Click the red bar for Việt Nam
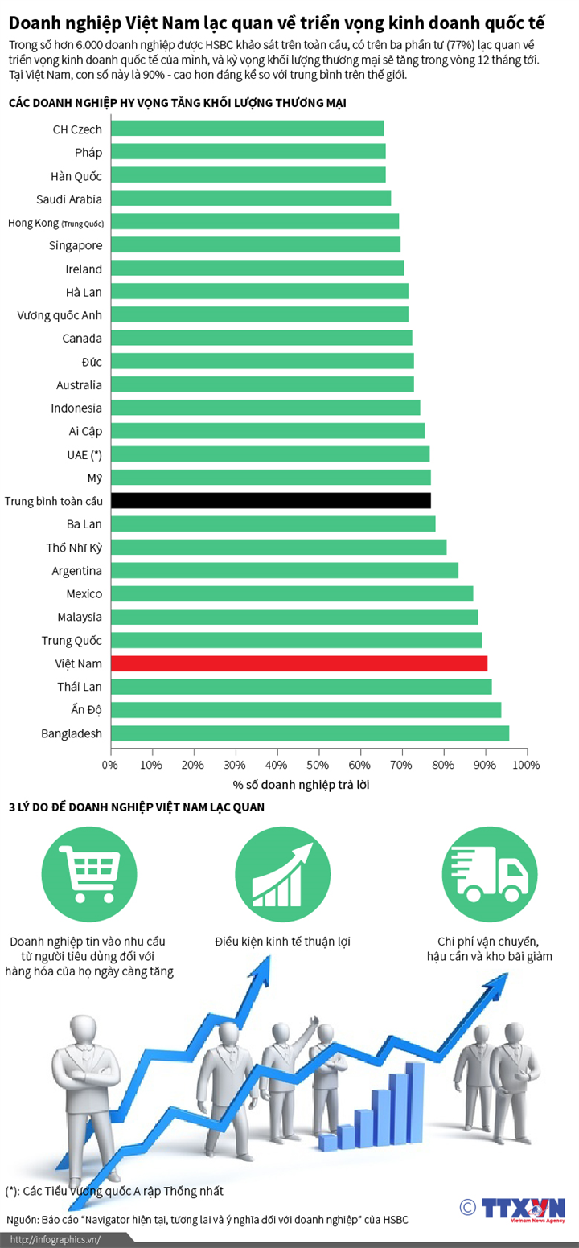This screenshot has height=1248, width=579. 298,663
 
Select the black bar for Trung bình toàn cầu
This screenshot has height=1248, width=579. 270,500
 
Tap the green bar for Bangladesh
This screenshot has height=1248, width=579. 310,733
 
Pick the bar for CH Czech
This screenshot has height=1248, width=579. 247,129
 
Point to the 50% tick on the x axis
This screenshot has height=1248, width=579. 318,764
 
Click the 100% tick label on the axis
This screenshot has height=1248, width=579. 527,765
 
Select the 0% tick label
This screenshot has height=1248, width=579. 110,765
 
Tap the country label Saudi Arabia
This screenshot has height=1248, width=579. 69,199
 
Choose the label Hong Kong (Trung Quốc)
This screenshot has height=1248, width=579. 55,222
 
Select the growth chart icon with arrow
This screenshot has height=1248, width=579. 283,875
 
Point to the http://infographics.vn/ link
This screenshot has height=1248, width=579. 55,1239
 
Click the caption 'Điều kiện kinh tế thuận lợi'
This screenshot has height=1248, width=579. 282,941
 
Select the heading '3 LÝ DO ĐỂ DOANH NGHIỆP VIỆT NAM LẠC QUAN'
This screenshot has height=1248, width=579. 137,807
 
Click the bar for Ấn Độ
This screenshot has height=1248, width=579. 306,709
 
